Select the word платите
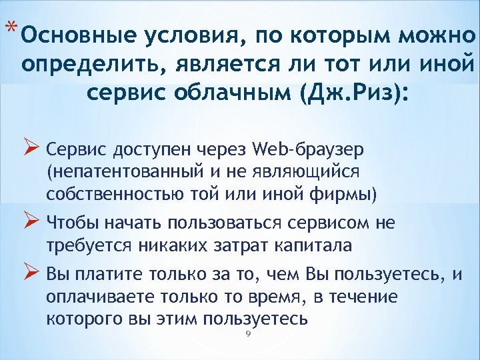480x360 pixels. pos(112,274)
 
